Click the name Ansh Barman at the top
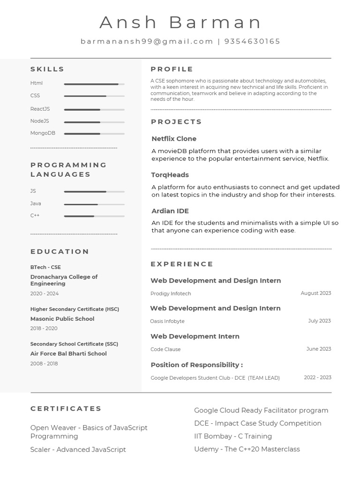[180, 22]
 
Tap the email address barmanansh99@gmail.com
[147, 41]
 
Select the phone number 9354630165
[252, 41]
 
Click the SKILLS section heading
[47, 69]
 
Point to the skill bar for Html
[94, 84]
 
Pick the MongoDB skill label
[43, 133]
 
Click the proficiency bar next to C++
[94, 216]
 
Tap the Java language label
[36, 203]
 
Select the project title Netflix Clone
[174, 139]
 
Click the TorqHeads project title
[170, 175]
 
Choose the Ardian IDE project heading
[170, 211]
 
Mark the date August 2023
[315, 293]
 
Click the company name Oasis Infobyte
[167, 321]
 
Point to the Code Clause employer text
[165, 349]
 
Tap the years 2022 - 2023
[317, 377]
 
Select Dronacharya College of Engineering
[64, 280]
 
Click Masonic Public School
[62, 319]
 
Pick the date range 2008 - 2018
[44, 363]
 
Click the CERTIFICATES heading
[66, 408]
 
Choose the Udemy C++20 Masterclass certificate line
[247, 449]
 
